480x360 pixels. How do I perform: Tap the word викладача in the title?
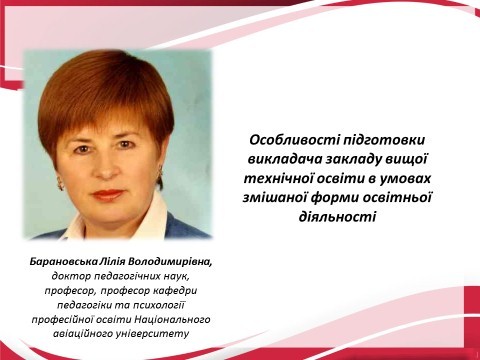(283, 158)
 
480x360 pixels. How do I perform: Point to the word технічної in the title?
(288, 176)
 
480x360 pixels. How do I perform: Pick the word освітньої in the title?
(410, 194)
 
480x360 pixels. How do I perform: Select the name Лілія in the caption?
(131, 261)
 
